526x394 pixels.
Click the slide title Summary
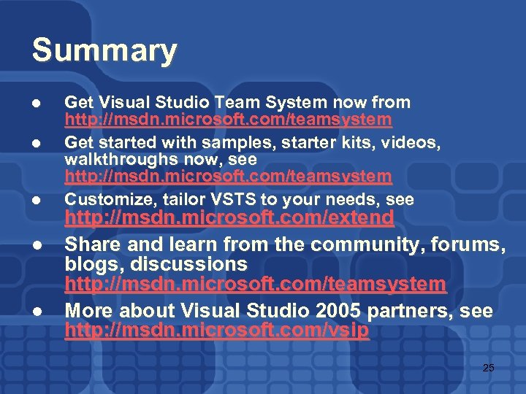[104, 51]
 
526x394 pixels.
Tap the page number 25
[489, 368]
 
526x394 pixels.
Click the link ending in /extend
[229, 218]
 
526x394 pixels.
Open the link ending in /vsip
[217, 331]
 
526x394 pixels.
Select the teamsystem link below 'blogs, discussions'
[255, 284]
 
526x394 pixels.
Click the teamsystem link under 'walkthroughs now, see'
[228, 176]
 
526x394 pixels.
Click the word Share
[91, 244]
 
